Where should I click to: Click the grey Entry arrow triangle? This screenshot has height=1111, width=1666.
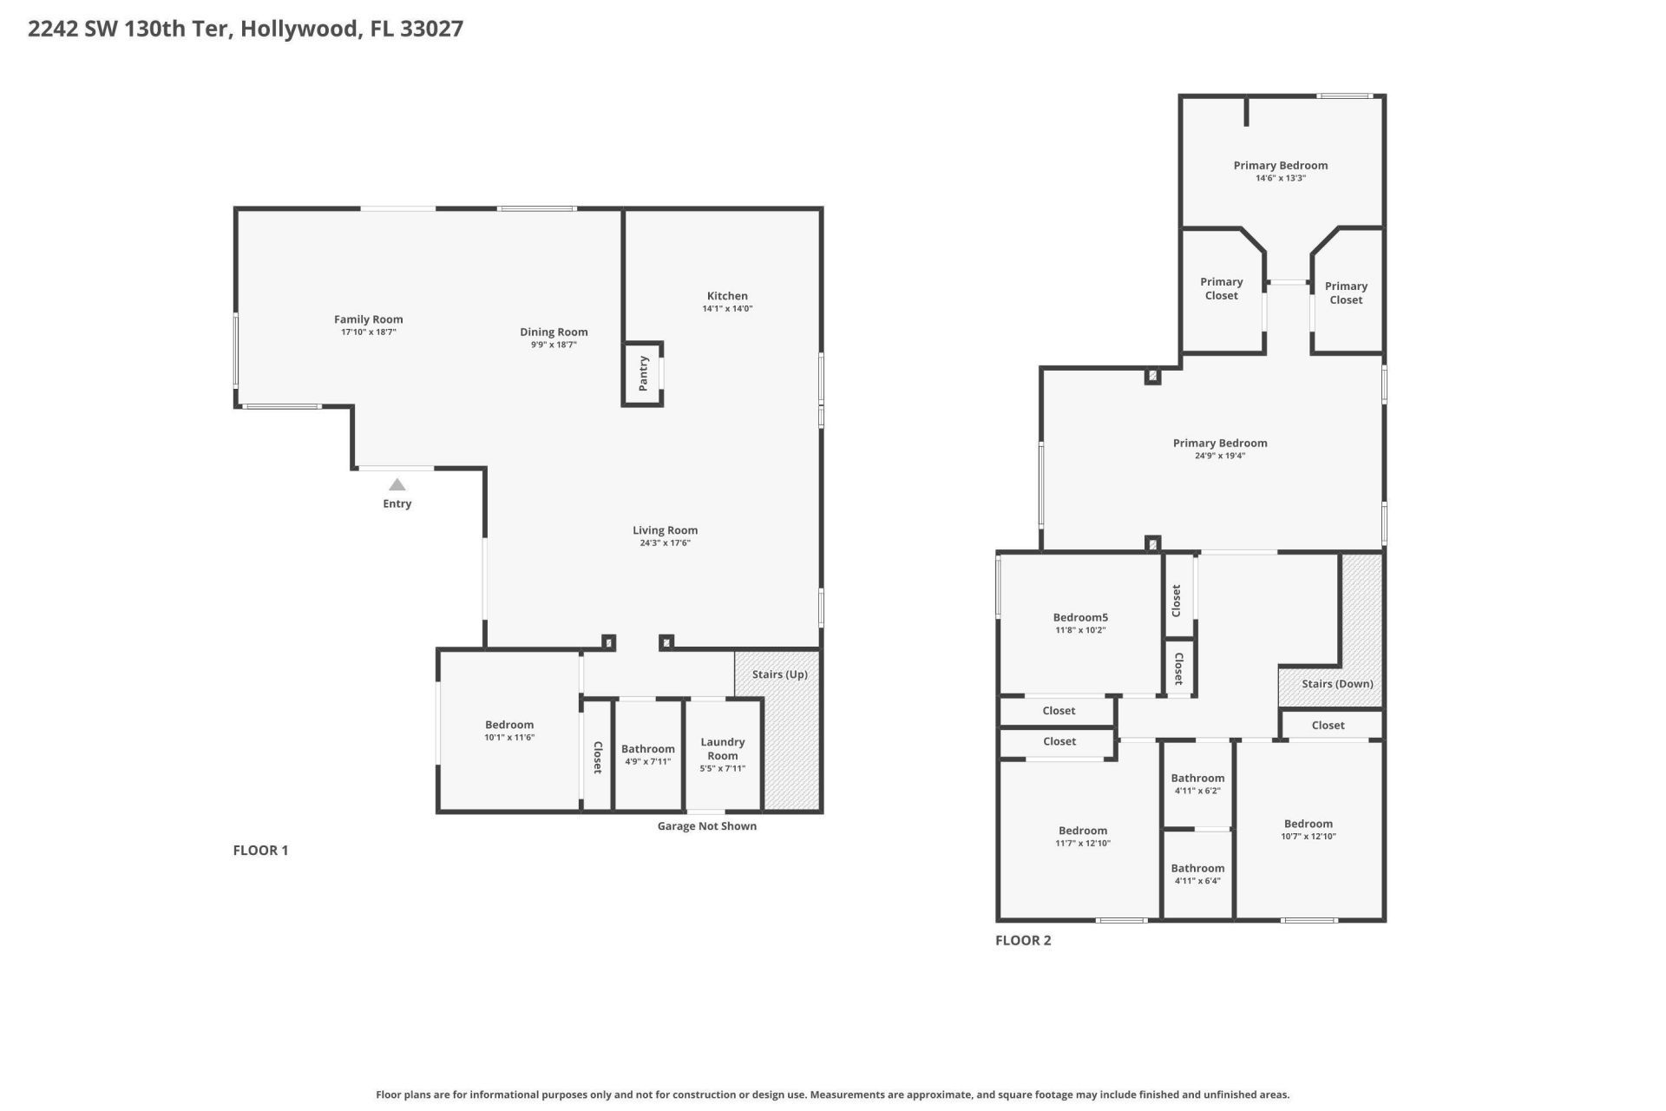397,485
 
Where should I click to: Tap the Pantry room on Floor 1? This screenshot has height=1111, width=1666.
643,373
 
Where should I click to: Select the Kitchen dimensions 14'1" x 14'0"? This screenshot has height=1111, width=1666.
727,309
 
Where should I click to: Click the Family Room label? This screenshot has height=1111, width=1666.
369,319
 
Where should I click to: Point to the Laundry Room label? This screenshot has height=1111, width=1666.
723,748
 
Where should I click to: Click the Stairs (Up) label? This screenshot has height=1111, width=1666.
779,674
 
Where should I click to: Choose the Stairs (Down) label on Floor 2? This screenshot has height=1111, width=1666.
1337,684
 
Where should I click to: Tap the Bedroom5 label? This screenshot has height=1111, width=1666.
1080,618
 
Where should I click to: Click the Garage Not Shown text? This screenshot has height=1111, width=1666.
706,826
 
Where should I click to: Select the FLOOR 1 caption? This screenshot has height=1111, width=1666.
260,851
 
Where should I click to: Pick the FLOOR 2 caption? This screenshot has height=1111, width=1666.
1023,940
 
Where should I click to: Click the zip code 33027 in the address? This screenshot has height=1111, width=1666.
431,29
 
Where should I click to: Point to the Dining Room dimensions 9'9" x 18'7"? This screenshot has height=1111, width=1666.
554,345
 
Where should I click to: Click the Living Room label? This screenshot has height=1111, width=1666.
665,530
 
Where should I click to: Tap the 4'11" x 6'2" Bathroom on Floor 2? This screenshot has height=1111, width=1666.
1197,784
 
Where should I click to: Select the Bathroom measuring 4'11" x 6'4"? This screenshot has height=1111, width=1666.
1197,874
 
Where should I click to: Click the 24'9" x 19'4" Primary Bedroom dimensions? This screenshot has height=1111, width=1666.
1220,456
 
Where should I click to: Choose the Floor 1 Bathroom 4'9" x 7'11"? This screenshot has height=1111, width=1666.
647,754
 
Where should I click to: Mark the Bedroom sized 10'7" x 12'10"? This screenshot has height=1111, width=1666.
1309,830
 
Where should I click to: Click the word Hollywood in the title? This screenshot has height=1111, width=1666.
298,29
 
